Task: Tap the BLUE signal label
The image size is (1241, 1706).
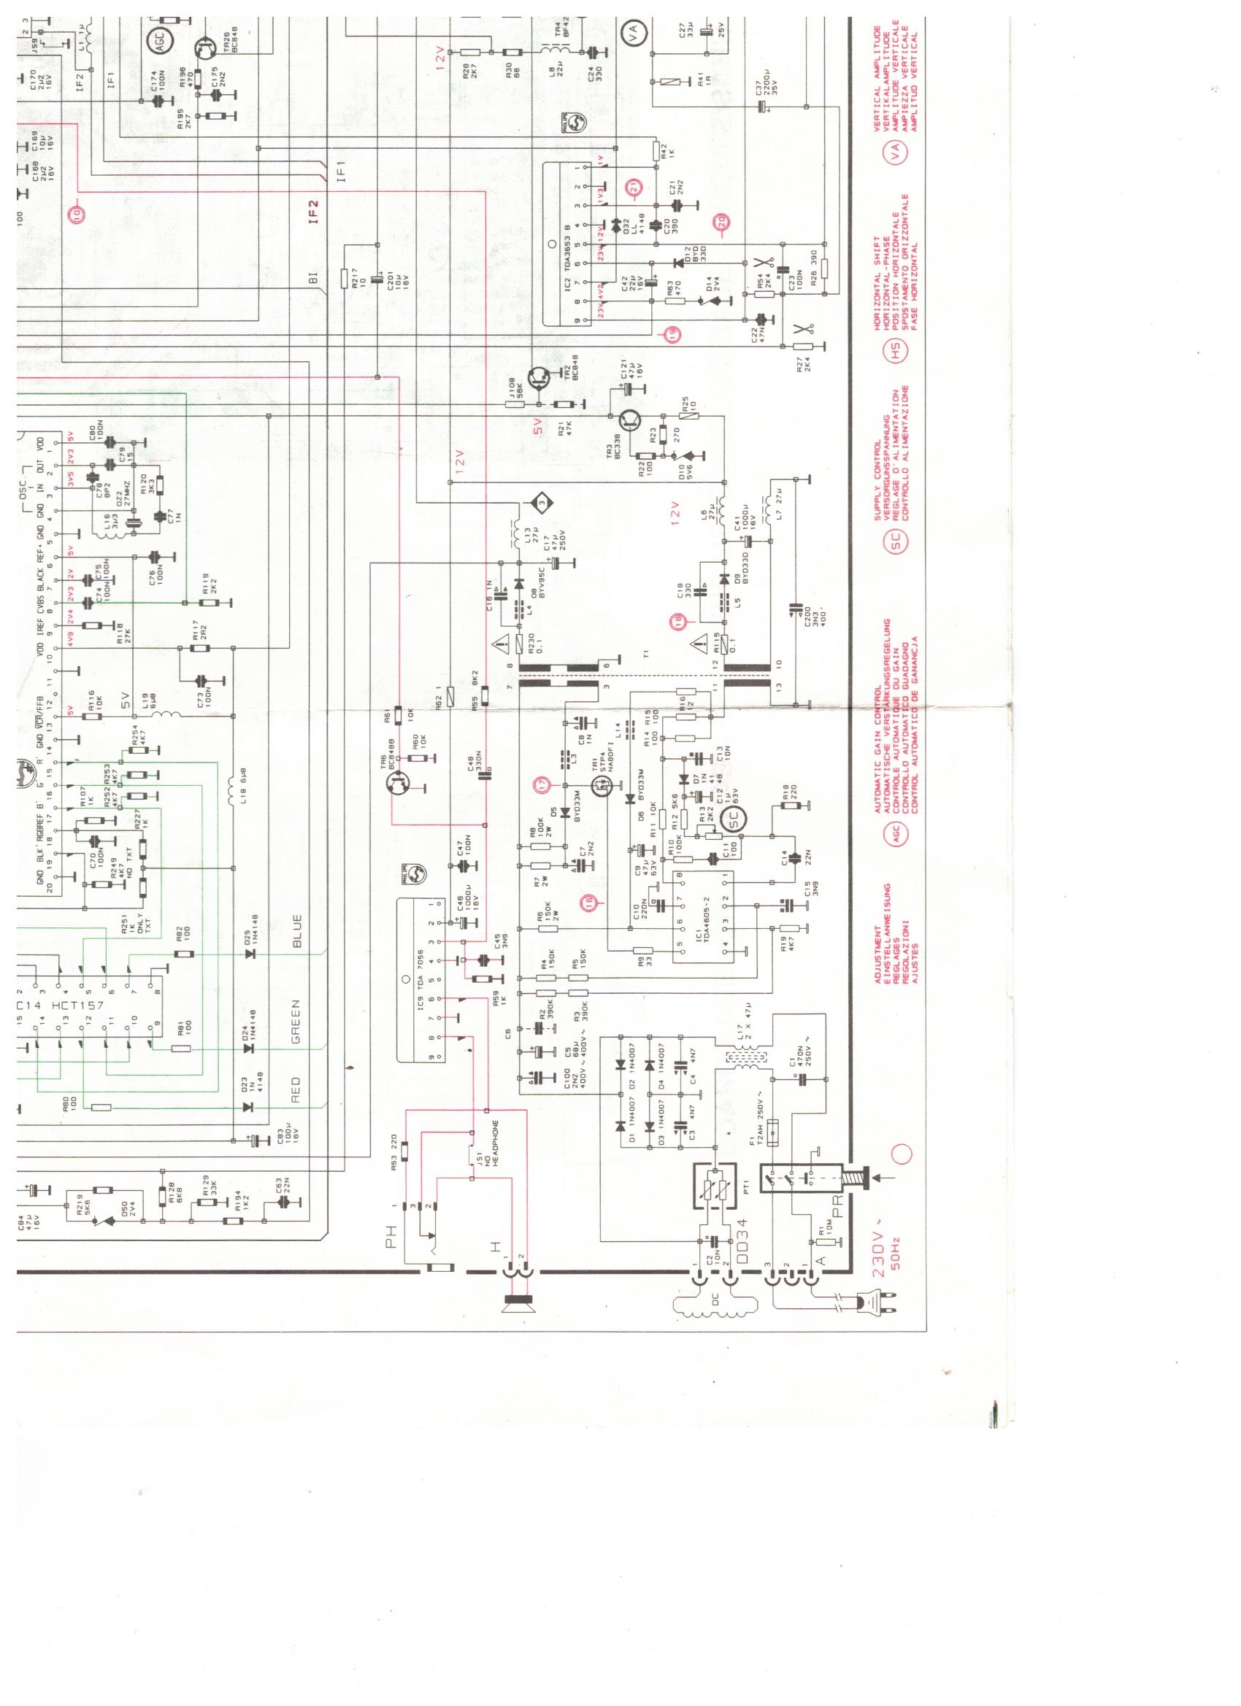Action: coord(296,931)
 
